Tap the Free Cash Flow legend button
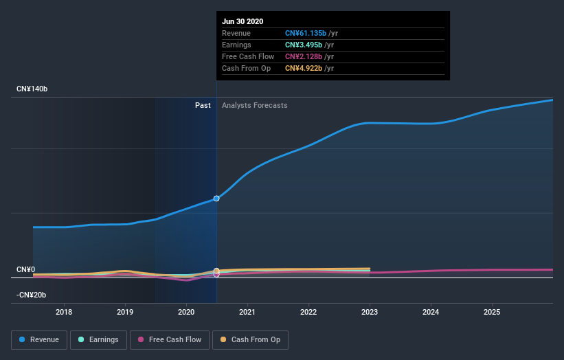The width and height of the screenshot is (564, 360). click(168, 339)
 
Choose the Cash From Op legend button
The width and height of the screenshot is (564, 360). click(250, 339)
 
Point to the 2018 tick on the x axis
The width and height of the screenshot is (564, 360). click(64, 313)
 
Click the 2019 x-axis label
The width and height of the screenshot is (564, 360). click(125, 313)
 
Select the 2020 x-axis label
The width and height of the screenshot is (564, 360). click(186, 313)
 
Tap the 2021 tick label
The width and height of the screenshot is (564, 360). click(247, 313)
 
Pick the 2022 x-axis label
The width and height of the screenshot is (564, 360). click(308, 313)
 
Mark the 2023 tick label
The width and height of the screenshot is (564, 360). click(370, 313)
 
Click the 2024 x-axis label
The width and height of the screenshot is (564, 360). click(431, 313)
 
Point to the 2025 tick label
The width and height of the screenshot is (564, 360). click(492, 313)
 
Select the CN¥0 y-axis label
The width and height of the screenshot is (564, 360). click(26, 269)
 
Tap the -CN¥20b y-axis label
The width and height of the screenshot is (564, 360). click(32, 295)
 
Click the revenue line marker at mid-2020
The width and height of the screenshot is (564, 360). click(216, 198)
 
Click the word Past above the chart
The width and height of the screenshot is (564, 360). click(203, 105)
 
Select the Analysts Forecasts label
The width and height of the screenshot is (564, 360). click(254, 105)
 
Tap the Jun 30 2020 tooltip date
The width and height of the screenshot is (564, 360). click(242, 21)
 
